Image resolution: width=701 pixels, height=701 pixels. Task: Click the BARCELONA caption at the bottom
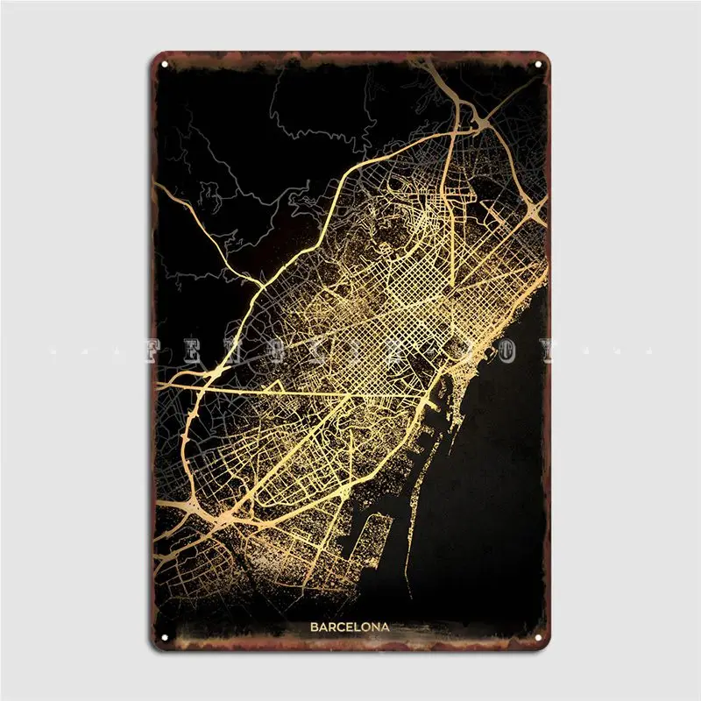pyautogui.click(x=350, y=627)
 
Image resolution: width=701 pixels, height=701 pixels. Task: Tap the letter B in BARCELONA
pyautogui.click(x=313, y=627)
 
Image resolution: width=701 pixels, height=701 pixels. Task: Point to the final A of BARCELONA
pyautogui.click(x=386, y=627)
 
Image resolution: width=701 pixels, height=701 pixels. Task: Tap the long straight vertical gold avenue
pyautogui.click(x=448, y=210)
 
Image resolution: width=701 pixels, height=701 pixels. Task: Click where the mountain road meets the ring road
pyautogui.click(x=261, y=282)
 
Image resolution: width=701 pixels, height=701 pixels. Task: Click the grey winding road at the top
pyautogui.click(x=307, y=105)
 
